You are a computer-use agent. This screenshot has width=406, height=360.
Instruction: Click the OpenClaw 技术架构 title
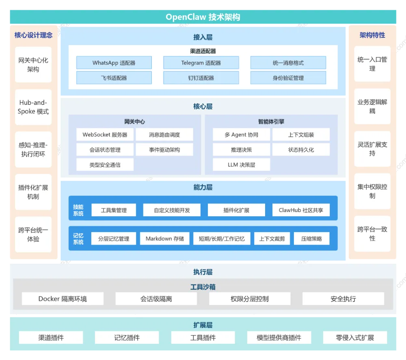pos(203,17)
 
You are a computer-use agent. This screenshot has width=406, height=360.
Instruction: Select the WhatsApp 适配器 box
pos(114,63)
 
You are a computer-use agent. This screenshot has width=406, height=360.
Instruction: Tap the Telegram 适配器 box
pos(201,63)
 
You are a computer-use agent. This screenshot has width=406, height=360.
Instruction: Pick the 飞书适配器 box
pos(114,78)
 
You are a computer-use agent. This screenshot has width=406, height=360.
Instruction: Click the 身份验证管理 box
pos(288,78)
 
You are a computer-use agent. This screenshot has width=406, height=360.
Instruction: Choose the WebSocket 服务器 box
pos(105,134)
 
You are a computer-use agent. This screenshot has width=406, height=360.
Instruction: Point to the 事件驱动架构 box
pos(164,150)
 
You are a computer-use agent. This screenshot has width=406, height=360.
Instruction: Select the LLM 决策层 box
pos(241,165)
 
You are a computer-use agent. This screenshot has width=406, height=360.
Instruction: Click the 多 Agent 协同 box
pos(241,134)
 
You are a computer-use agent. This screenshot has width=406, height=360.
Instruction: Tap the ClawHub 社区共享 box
pos(301,210)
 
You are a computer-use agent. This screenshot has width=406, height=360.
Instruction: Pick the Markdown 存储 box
pos(164,239)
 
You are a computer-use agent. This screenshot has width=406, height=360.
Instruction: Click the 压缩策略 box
pos(312,239)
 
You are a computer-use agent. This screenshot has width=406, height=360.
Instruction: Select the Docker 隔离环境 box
pos(63,299)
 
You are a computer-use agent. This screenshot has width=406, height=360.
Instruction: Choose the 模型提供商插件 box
pos(279,337)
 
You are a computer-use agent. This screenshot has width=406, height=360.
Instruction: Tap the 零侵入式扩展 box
pos(355,337)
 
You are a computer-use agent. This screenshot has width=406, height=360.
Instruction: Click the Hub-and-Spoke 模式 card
pos(33,107)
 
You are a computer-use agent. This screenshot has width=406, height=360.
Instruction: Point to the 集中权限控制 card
pos(372,191)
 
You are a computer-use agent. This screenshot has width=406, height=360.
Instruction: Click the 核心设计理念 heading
pos(33,35)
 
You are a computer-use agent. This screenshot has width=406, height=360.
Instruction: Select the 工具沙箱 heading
pos(203,287)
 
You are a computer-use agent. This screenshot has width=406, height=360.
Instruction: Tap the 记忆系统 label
pos(78,239)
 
